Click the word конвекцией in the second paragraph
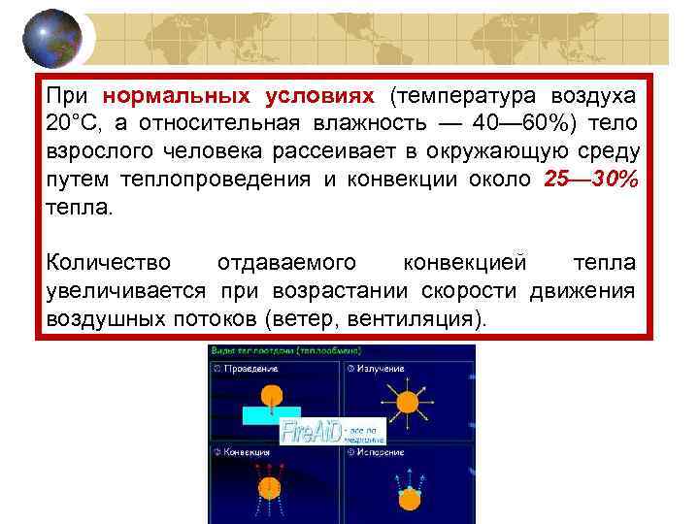(x=467, y=264)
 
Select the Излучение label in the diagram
(x=380, y=369)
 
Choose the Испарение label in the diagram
(x=381, y=451)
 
